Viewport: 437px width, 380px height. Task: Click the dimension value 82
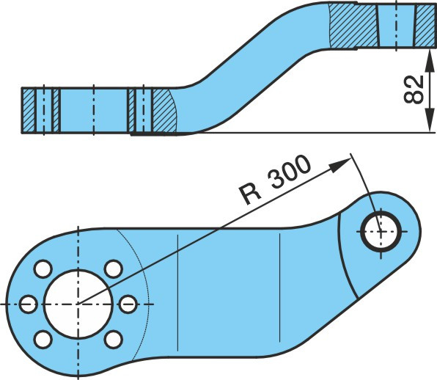(x=414, y=89)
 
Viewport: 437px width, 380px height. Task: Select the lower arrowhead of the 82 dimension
(x=430, y=120)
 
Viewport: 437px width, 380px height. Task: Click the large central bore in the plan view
(x=78, y=304)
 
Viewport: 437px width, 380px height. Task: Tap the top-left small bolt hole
(x=43, y=268)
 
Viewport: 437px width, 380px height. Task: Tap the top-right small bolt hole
(x=114, y=268)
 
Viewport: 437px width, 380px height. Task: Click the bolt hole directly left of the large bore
(x=29, y=304)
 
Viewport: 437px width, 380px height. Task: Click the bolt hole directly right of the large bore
(x=128, y=304)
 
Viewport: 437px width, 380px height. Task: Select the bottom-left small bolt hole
(x=43, y=339)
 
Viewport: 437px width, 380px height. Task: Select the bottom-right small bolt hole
(x=114, y=339)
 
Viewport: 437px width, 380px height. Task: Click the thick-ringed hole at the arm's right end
(x=381, y=231)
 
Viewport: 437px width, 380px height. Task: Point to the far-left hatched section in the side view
(x=29, y=110)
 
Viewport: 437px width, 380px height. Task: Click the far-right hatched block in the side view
(x=425, y=25)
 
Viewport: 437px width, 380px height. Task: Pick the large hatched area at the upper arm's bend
(x=354, y=26)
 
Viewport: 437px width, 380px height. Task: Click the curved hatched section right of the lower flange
(x=164, y=110)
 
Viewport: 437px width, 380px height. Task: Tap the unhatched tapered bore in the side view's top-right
(x=396, y=25)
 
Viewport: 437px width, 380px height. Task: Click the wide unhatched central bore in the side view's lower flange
(x=94, y=110)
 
